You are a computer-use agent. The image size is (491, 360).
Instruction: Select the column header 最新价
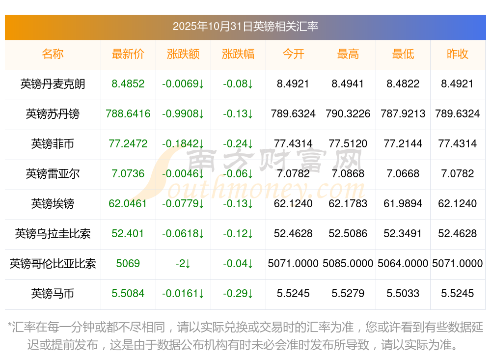[128, 54]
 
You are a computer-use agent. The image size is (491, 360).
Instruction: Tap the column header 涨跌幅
[238, 54]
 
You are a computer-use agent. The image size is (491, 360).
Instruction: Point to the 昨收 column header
[458, 54]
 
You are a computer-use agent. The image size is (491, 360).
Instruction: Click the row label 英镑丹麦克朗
[53, 84]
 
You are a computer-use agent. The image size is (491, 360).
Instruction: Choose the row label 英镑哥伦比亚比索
[53, 264]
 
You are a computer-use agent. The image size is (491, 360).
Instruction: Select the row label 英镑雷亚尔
[53, 174]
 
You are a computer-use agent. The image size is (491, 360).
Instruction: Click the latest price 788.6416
[128, 114]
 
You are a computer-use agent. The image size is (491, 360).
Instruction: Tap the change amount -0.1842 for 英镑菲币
[183, 144]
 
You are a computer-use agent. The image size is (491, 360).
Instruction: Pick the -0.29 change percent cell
[238, 294]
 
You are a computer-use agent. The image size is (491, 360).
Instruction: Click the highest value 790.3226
[348, 114]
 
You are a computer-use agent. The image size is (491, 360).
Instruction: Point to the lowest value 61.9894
[403, 204]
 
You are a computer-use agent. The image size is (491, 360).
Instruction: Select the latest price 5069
[128, 264]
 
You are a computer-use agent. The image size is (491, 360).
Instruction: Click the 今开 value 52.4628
[293, 234]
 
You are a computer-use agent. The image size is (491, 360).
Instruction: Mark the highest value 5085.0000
[348, 264]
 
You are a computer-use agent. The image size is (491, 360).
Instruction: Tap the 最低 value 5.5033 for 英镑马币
[403, 294]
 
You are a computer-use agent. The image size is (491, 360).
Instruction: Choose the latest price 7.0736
[128, 174]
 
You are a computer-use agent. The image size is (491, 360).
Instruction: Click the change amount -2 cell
[183, 264]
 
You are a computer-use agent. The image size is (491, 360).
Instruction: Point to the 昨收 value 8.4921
[458, 84]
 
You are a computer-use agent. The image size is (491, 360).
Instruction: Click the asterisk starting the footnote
[10, 326]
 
